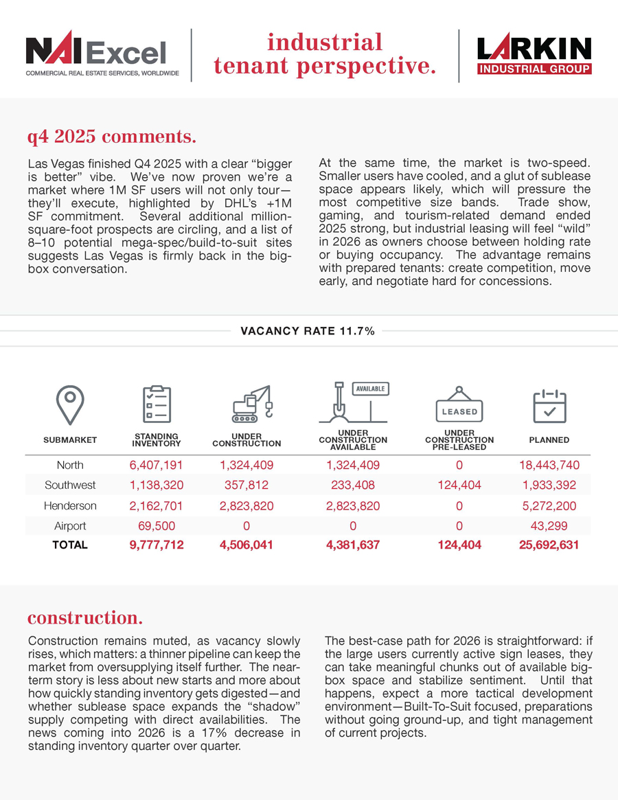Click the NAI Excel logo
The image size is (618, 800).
(x=102, y=56)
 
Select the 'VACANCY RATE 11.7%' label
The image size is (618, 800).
(x=308, y=331)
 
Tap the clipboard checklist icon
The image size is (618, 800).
(x=157, y=405)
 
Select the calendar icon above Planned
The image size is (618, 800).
(x=549, y=406)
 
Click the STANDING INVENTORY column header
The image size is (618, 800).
(x=157, y=439)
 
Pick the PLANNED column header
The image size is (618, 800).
(x=549, y=440)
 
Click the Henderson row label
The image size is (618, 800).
(x=70, y=505)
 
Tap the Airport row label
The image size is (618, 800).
(x=70, y=526)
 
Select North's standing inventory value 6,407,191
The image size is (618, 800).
(x=157, y=465)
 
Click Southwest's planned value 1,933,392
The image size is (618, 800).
(x=549, y=485)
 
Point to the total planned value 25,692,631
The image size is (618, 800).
(x=549, y=545)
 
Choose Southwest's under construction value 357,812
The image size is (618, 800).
(x=247, y=485)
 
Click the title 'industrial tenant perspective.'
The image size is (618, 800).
(x=325, y=55)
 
